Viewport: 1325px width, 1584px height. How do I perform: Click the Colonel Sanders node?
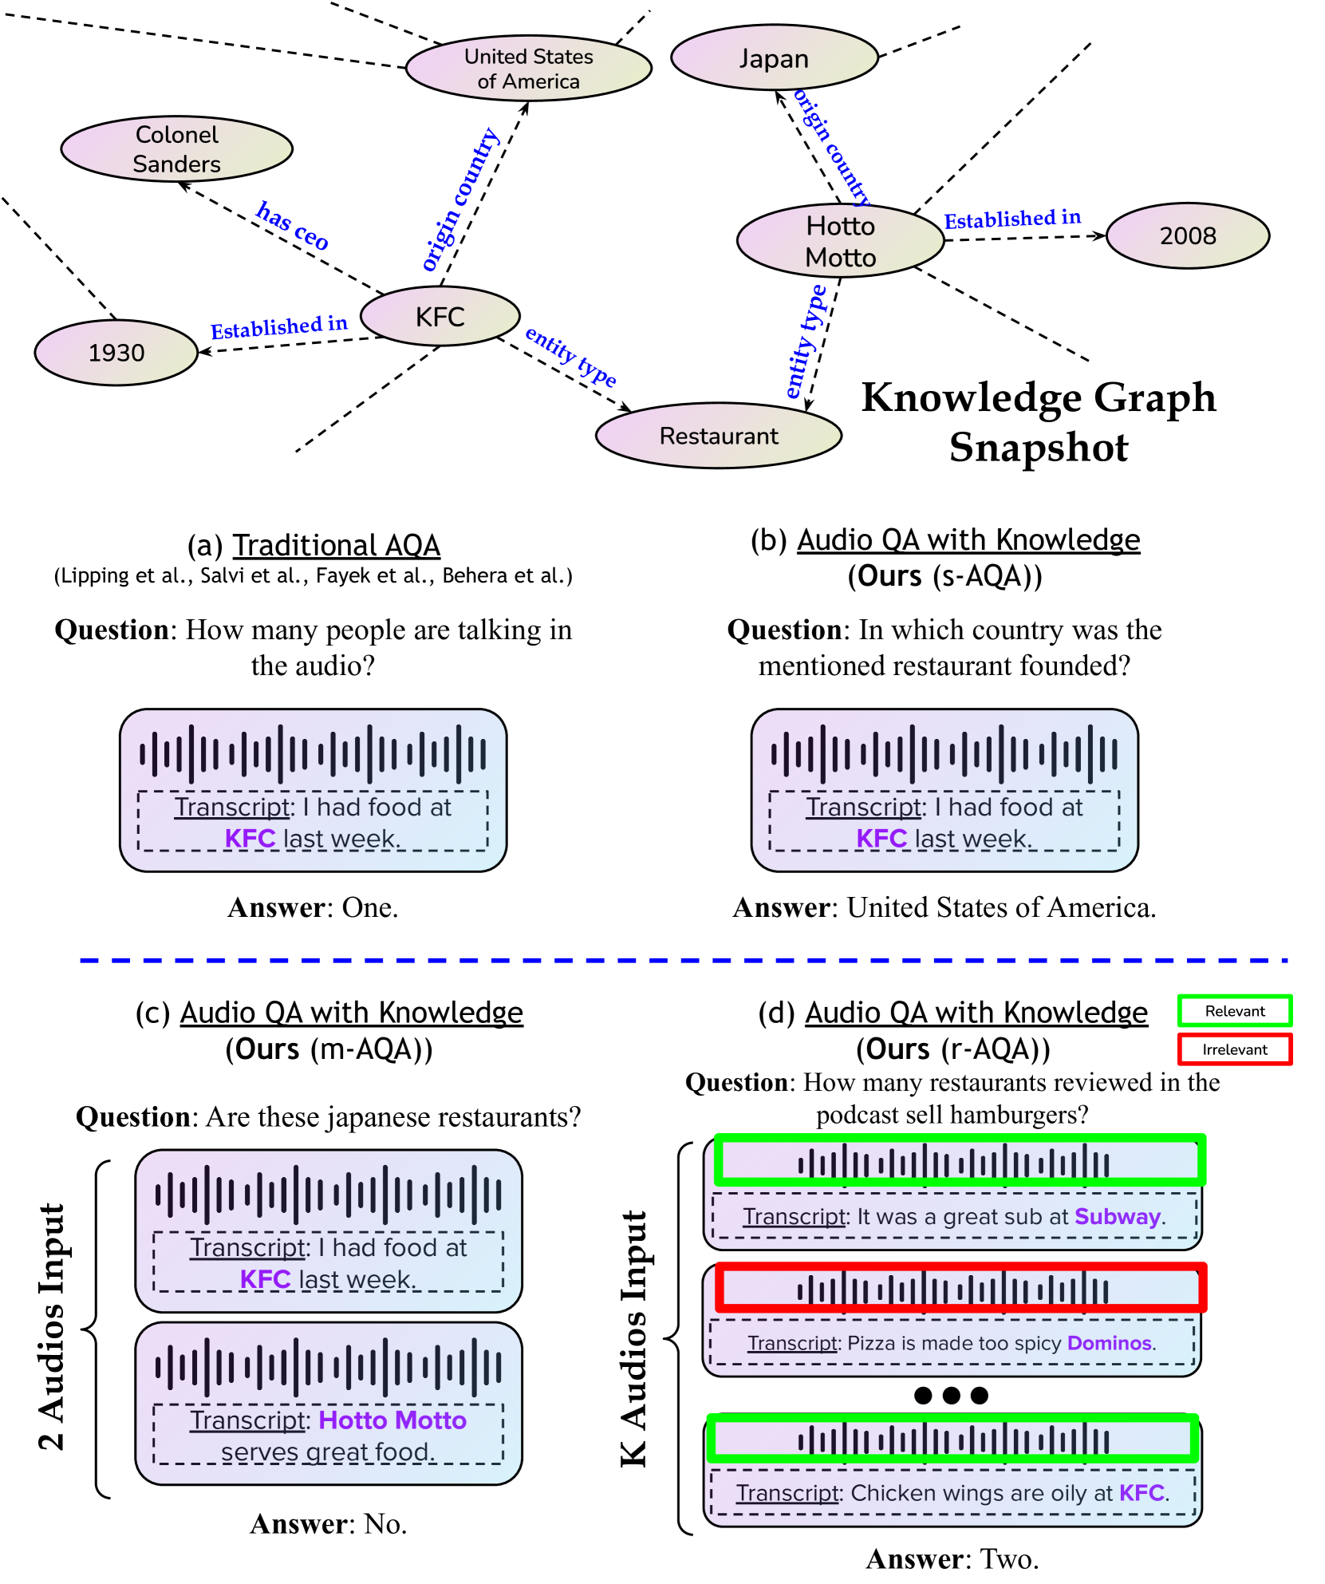point(176,149)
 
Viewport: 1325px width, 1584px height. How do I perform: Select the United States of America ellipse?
point(528,69)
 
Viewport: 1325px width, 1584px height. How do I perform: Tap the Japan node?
point(774,58)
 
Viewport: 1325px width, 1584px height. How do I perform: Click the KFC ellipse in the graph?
point(440,317)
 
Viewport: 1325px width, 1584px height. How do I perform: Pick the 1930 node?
point(116,353)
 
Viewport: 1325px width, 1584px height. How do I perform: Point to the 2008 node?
point(1187,236)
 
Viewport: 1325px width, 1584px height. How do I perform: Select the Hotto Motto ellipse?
point(840,241)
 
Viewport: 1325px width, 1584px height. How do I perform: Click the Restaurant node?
point(718,436)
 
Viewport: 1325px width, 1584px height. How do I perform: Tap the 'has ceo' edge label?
point(292,226)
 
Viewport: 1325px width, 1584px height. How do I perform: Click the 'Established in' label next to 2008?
point(1011,219)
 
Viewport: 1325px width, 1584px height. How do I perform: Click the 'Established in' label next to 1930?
point(278,326)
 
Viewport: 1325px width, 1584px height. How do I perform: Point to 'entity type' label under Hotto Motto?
point(806,342)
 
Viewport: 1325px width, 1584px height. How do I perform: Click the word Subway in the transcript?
point(1117,1217)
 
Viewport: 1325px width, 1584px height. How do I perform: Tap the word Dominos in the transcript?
point(1109,1343)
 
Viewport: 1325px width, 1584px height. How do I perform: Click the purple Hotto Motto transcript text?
point(392,1420)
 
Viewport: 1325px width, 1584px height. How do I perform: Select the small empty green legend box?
point(1234,1010)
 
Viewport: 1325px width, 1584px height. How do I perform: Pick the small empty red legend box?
point(1234,1049)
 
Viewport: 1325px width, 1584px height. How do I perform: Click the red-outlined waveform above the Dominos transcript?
point(960,1288)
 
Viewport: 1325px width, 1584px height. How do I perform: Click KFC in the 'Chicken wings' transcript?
point(1142,1493)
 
